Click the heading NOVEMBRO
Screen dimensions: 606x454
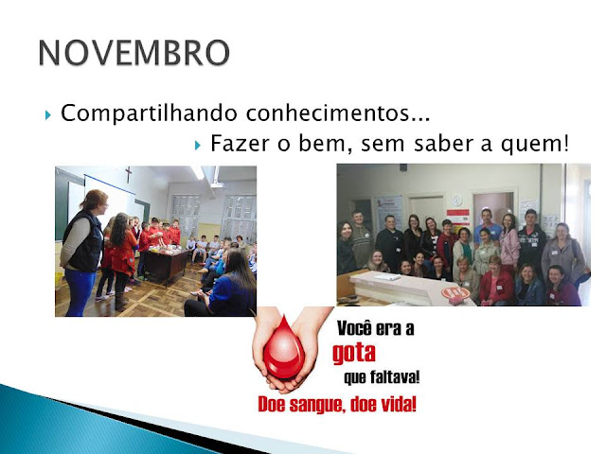tap(134, 53)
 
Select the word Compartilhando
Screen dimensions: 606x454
tap(150, 113)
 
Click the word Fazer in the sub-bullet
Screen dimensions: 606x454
tap(240, 144)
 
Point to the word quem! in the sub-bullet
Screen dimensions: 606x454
tap(534, 145)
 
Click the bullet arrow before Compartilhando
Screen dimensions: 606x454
tap(48, 114)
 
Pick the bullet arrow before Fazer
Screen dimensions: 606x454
tap(198, 145)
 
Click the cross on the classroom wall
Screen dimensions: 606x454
tap(129, 174)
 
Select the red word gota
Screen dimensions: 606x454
tap(354, 353)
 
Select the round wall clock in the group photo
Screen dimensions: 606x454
tap(456, 201)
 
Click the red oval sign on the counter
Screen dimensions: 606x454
tap(455, 293)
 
